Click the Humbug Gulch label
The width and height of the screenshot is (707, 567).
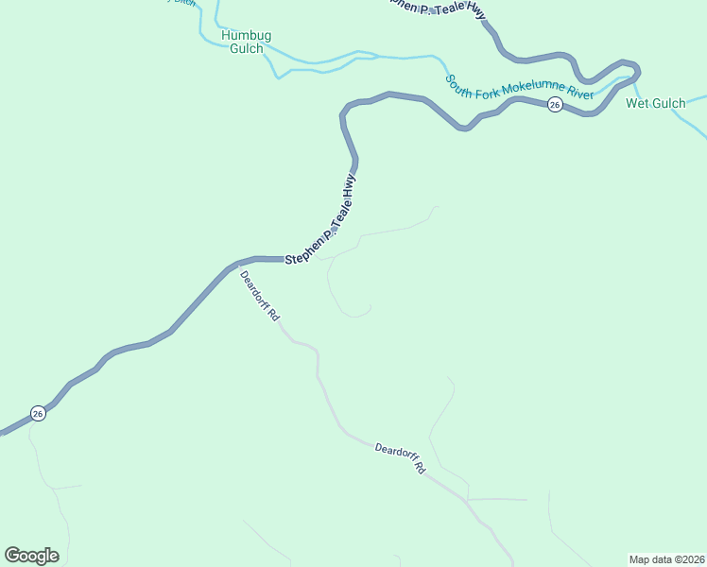[x=246, y=42]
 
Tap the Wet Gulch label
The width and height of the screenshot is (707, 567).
[x=655, y=103]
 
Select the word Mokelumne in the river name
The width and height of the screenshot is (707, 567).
[x=534, y=91]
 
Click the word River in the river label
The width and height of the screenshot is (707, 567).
[x=578, y=94]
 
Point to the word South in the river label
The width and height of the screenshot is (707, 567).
[x=460, y=81]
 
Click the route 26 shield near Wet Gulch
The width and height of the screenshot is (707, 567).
[x=555, y=104]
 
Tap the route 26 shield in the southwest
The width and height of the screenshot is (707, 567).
[x=38, y=413]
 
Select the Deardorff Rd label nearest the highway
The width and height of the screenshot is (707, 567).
[x=259, y=297]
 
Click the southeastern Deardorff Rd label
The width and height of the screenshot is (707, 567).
[x=401, y=458]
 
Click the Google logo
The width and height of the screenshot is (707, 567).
[x=31, y=556]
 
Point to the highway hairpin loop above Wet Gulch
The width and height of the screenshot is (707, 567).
[x=628, y=72]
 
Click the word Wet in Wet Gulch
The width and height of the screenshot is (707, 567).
[x=637, y=103]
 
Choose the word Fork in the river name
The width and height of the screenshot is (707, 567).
[x=489, y=85]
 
